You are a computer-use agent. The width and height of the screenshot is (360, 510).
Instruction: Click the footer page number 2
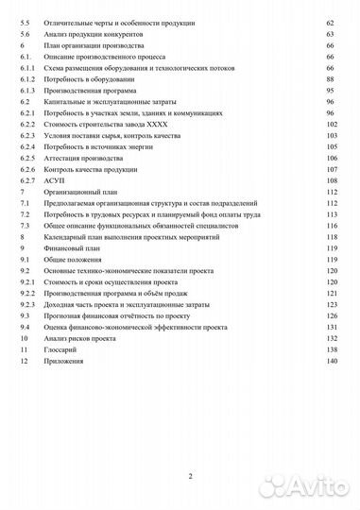(190, 475)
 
